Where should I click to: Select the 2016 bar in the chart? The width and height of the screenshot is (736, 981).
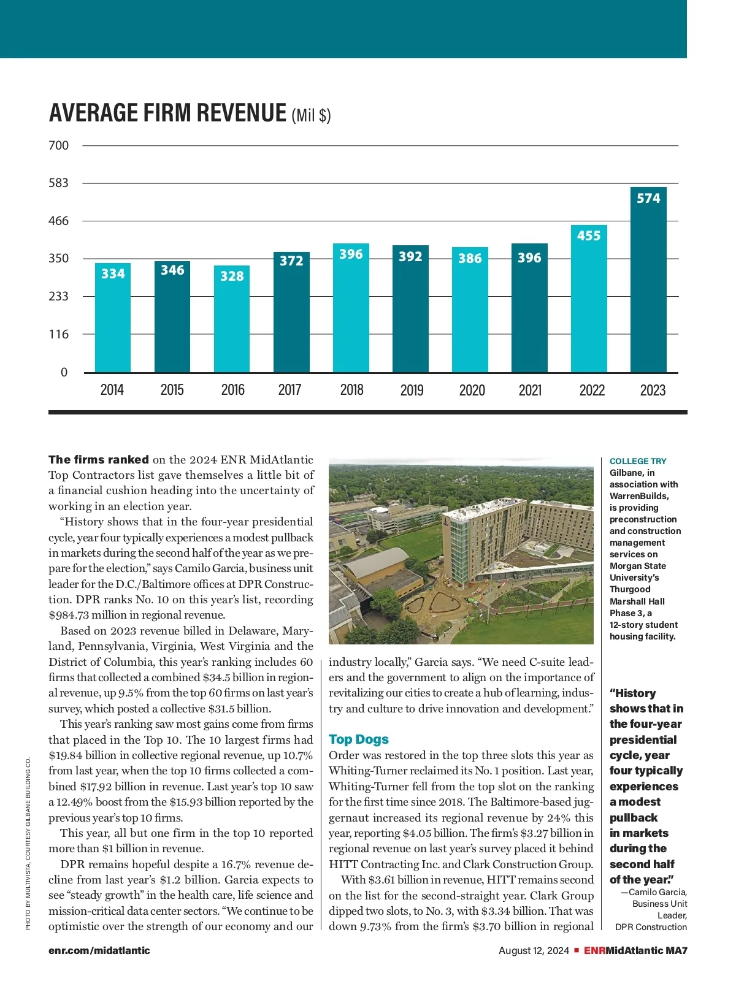pos(232,319)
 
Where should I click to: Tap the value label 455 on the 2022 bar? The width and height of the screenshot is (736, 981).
pos(589,235)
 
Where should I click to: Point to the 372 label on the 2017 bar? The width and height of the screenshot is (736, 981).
pos(291,261)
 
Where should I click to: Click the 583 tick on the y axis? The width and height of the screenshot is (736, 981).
pos(59,183)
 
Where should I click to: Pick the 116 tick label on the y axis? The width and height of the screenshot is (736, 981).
pos(59,334)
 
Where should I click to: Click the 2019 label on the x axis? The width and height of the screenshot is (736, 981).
pos(412,390)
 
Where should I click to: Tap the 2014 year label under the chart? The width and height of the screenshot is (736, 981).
pos(112,390)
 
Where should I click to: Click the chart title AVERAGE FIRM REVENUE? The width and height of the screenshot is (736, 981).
pos(167,113)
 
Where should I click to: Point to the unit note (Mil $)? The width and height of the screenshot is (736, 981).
pos(311,115)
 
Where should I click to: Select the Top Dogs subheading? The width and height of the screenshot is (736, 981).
pos(359,739)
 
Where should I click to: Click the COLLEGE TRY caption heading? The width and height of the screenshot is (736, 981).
pos(638,461)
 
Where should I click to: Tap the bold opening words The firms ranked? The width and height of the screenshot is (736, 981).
pos(99,460)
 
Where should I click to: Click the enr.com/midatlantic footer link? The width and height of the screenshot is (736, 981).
pos(99,950)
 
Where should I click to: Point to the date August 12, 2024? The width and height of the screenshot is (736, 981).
pos(534,950)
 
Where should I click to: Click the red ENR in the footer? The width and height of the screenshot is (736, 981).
pos(594,950)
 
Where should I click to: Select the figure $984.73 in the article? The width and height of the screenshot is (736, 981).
pos(69,615)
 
